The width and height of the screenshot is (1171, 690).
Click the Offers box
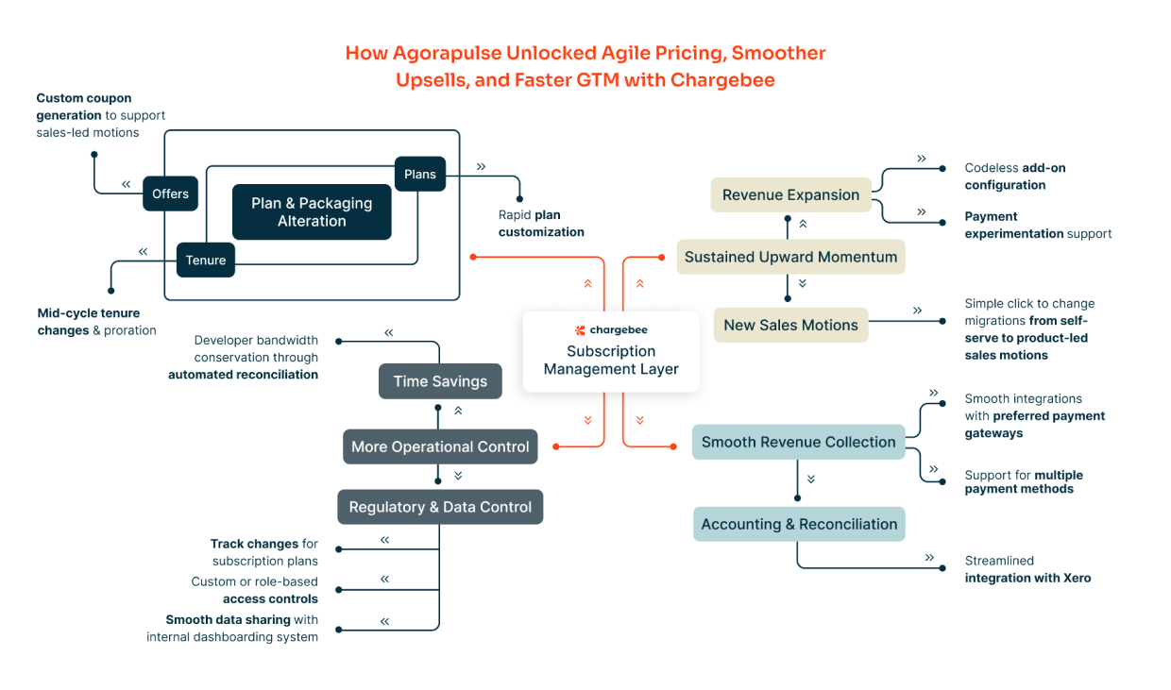click(170, 194)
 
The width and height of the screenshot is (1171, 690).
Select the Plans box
click(420, 174)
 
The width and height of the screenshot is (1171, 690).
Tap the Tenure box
click(206, 261)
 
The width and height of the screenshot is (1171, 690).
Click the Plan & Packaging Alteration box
click(312, 212)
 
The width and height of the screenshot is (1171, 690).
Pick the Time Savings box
click(440, 381)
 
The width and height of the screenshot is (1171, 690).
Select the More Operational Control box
click(440, 446)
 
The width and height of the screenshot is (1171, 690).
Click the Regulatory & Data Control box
click(440, 507)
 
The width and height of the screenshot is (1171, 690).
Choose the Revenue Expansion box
click(791, 194)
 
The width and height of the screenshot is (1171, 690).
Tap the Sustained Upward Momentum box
click(791, 257)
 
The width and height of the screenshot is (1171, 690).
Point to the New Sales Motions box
click(791, 325)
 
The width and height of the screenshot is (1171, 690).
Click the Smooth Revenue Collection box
click(798, 442)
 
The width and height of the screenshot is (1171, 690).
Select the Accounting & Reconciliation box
click(799, 524)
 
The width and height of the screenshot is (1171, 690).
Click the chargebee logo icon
click(580, 330)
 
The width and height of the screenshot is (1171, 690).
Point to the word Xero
click(1077, 578)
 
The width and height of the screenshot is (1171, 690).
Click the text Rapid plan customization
click(541, 223)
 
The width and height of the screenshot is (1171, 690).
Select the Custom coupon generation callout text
click(100, 115)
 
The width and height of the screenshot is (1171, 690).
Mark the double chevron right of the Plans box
click(481, 167)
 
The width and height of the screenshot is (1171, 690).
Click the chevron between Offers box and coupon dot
click(126, 184)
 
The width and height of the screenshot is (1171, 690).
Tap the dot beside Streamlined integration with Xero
click(942, 568)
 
